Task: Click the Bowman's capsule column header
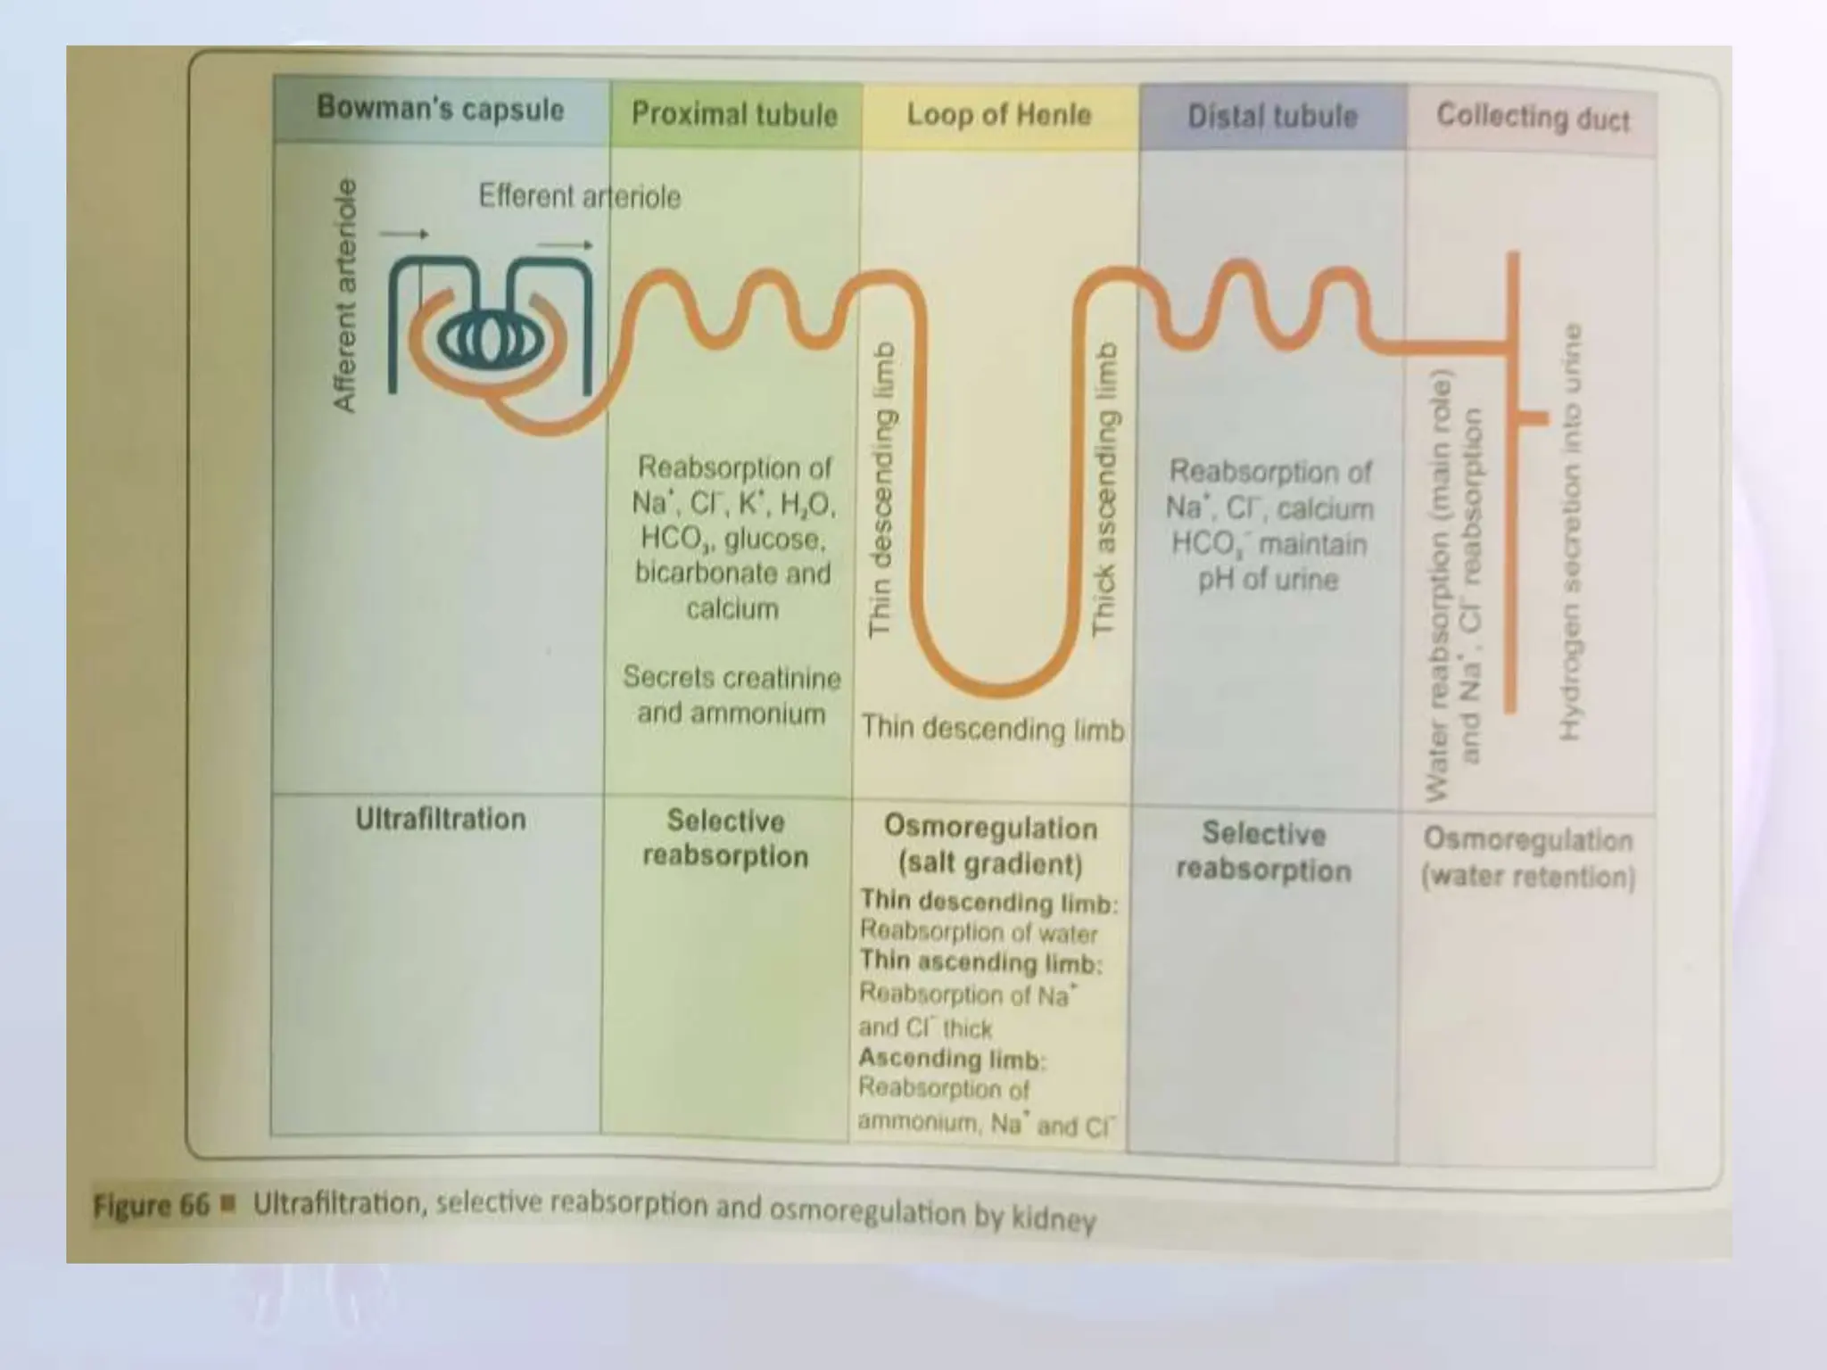[441, 109]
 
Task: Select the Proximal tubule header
[734, 114]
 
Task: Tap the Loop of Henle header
[999, 115]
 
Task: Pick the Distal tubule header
[1272, 117]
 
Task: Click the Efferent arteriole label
[579, 196]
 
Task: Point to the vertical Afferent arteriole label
[343, 295]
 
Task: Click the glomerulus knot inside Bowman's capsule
[487, 338]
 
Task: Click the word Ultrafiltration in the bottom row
[441, 819]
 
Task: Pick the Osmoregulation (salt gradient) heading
[990, 846]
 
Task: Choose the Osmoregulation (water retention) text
[1528, 858]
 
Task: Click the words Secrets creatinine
[732, 678]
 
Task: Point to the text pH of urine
[1268, 581]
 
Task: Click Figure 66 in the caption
[151, 1206]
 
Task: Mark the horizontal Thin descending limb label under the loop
[992, 730]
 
